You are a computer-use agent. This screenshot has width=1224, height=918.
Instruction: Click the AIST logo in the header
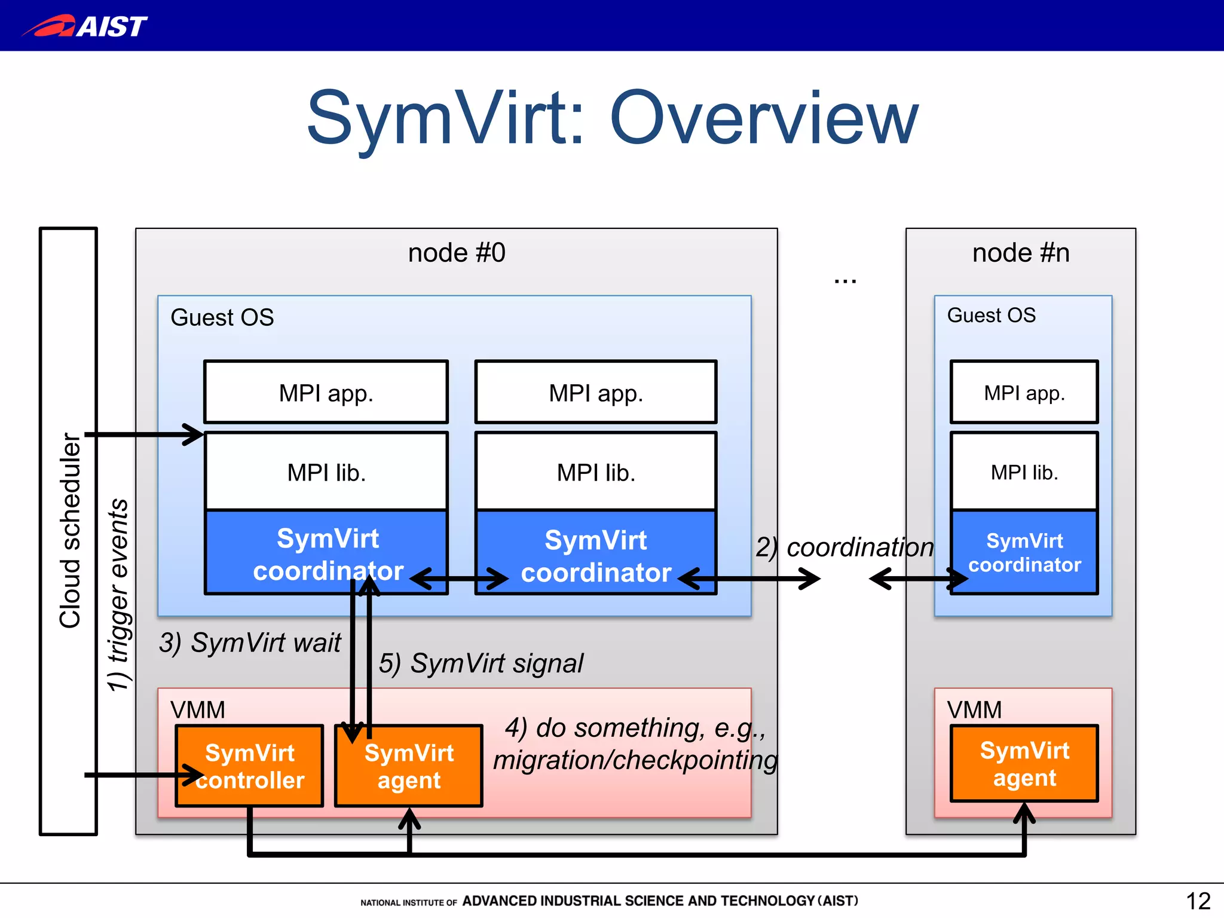click(85, 26)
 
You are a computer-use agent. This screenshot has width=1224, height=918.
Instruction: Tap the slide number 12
click(1198, 901)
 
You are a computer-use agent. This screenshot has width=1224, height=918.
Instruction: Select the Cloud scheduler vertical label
click(70, 531)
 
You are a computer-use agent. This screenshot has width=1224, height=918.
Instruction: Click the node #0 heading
click(457, 253)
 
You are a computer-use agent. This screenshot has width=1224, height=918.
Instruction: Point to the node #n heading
click(1021, 253)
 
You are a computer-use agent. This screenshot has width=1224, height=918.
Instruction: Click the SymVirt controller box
click(250, 766)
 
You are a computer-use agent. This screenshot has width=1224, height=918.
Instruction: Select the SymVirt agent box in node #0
click(409, 766)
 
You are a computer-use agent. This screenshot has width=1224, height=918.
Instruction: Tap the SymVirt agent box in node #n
click(1024, 764)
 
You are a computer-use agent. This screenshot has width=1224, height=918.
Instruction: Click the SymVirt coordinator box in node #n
click(1024, 552)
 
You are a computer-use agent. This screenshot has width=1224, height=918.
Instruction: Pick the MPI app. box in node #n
click(1024, 393)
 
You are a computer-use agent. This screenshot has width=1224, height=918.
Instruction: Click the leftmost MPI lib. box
click(326, 472)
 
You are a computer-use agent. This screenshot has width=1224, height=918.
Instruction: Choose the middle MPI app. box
click(596, 393)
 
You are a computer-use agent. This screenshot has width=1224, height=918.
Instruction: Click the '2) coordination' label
click(844, 547)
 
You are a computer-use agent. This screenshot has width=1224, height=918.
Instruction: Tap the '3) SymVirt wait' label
click(250, 643)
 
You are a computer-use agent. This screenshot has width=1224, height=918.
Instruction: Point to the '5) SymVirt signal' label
click(481, 663)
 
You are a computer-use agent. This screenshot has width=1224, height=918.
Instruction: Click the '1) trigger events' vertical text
click(118, 595)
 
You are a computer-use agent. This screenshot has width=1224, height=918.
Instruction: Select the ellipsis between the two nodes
click(845, 280)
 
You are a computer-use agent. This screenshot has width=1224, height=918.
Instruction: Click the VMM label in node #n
click(974, 710)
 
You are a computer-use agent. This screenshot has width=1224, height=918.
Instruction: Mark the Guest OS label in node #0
click(222, 317)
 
